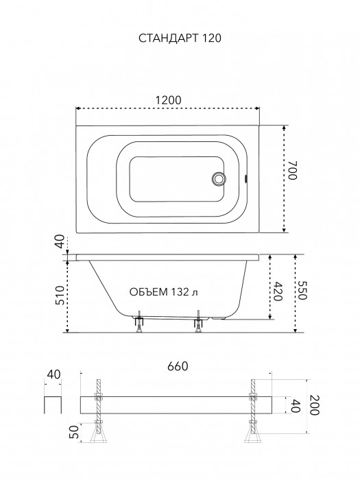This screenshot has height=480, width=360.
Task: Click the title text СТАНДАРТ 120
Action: [x=180, y=38]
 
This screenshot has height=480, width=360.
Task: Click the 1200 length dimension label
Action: [x=169, y=100]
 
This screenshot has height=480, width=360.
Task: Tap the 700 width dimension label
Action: [x=292, y=170]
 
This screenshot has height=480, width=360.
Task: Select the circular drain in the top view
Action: [x=218, y=179]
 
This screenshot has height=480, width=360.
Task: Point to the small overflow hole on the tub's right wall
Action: [x=245, y=178]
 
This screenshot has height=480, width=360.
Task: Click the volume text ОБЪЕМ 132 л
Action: [x=163, y=292]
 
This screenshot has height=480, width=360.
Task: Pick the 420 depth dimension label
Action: [x=277, y=291]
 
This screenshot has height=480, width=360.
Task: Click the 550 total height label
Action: [x=302, y=290]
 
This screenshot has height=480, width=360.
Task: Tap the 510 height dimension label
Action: [x=60, y=295]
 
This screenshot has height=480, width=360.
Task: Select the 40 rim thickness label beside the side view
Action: [x=60, y=241]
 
